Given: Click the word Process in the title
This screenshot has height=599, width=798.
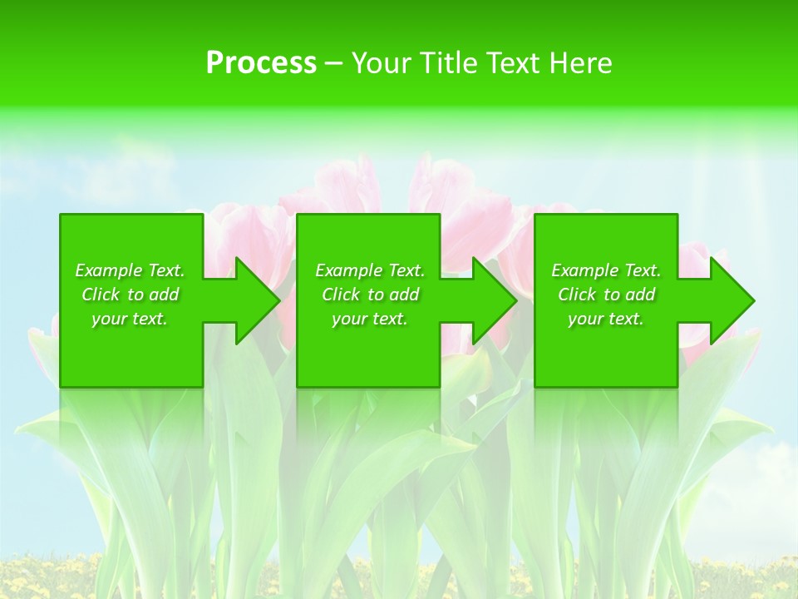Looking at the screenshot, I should (x=261, y=63).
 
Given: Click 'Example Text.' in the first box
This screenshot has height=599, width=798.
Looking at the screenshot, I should (x=130, y=270).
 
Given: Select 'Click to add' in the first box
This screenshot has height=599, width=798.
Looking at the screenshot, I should (x=130, y=295).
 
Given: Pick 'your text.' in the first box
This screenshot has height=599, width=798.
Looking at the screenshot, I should (x=130, y=319).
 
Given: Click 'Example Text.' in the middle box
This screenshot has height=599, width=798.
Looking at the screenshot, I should (x=370, y=270).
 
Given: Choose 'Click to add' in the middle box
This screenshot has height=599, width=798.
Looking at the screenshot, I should (x=370, y=295).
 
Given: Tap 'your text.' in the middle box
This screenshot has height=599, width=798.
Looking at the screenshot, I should (x=370, y=319).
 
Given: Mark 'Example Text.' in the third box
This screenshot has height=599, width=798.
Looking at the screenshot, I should (x=606, y=270).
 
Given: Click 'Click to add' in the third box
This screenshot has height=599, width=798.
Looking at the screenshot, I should (x=606, y=295).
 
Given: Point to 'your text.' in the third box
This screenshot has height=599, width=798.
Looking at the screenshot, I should (x=606, y=319).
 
